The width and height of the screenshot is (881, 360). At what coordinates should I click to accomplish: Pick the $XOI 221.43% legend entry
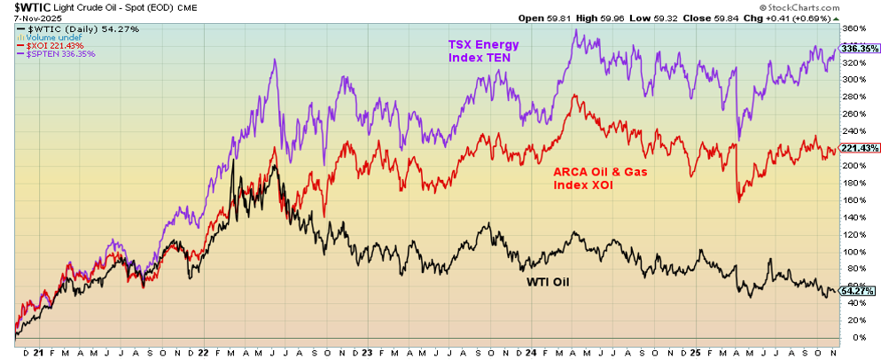pyautogui.click(x=56, y=46)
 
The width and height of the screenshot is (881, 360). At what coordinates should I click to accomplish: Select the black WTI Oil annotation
pyautogui.click(x=542, y=282)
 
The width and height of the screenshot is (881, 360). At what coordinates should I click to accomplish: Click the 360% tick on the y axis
pyautogui.click(x=855, y=28)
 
